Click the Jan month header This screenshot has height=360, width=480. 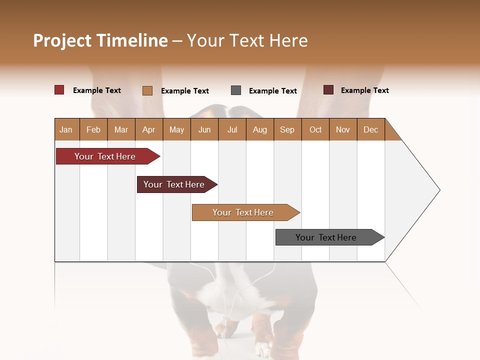click(66, 129)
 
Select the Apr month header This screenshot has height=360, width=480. click(149, 129)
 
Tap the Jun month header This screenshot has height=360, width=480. click(204, 129)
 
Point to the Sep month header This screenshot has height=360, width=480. click(287, 129)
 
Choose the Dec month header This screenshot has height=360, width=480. click(370, 129)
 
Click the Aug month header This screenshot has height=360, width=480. click(259, 129)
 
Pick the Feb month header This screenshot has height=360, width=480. click(93, 129)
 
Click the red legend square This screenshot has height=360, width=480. click(59, 90)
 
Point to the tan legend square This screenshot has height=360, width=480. click(147, 90)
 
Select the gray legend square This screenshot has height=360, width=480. click(236, 90)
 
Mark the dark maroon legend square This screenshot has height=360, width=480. click(328, 90)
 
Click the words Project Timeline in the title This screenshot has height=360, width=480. click(100, 40)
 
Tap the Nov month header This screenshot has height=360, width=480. click(343, 129)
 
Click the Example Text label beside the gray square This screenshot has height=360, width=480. click(273, 91)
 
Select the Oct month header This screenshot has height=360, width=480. click(315, 129)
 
